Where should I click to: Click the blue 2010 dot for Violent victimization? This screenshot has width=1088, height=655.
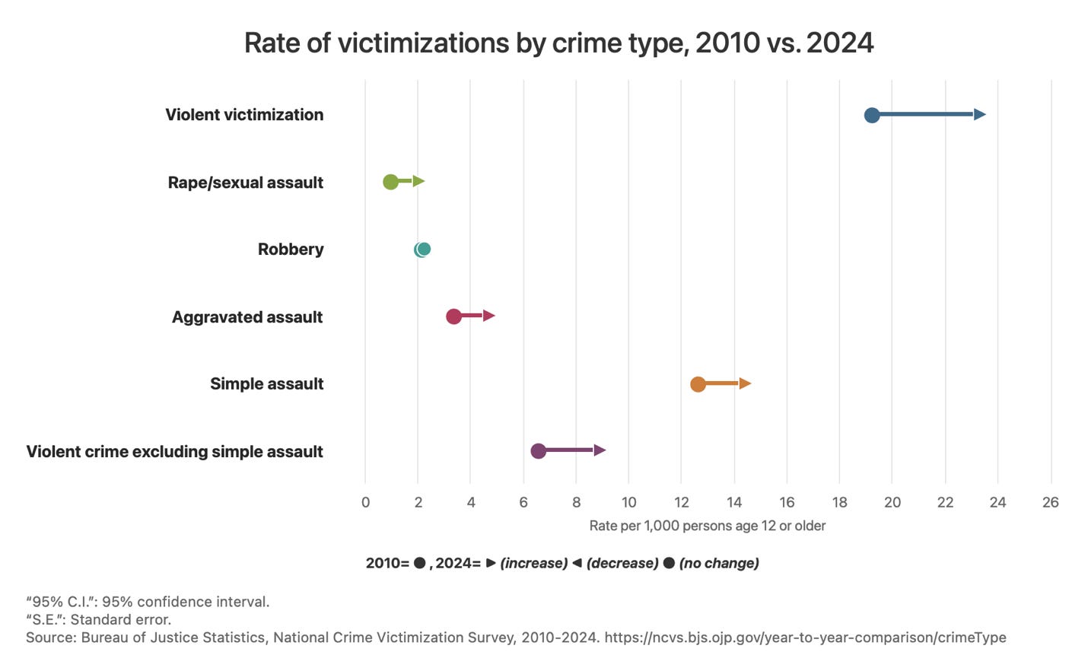(x=872, y=115)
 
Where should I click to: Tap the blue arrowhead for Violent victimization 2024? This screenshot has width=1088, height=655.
(x=980, y=115)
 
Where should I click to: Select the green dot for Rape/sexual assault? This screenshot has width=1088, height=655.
(x=390, y=182)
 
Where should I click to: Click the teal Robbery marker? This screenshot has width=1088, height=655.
(x=423, y=249)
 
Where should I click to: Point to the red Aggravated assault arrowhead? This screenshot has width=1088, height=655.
(x=488, y=316)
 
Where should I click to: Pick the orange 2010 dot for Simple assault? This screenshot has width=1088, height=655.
(x=698, y=384)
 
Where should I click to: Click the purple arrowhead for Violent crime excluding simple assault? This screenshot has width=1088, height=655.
(x=600, y=450)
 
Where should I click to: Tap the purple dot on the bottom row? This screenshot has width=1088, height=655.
(x=538, y=451)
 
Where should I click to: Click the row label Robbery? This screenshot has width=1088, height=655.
(x=290, y=250)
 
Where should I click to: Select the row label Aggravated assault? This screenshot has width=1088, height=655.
(x=247, y=317)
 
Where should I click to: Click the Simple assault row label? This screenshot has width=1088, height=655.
(x=266, y=384)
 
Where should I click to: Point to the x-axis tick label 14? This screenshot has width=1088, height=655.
(x=733, y=502)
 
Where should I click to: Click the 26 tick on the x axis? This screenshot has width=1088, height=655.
(x=1050, y=502)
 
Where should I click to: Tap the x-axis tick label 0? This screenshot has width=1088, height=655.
(x=365, y=502)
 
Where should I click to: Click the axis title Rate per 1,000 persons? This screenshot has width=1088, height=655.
(x=707, y=526)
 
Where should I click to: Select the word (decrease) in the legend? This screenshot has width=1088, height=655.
(x=622, y=563)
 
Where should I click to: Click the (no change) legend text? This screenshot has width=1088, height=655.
(x=719, y=563)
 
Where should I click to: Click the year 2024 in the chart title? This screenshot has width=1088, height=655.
(x=840, y=43)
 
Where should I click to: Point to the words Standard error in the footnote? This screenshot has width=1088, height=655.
(x=120, y=619)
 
